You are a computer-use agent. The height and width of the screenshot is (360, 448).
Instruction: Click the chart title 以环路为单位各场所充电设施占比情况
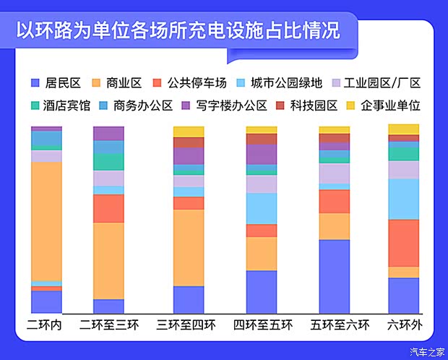click(x=178, y=31)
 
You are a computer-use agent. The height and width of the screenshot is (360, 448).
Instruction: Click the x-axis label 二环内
click(x=45, y=325)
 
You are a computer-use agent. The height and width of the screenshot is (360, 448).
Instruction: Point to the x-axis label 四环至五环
click(x=263, y=325)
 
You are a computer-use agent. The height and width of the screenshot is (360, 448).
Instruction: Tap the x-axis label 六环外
click(x=405, y=325)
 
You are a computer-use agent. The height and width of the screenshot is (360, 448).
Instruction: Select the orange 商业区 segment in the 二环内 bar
click(x=46, y=220)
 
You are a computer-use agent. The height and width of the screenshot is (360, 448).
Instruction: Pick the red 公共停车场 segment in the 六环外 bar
click(x=404, y=243)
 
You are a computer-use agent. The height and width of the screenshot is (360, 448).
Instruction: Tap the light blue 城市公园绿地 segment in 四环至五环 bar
click(x=262, y=208)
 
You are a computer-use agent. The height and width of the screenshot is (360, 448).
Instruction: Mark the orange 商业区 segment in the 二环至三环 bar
click(x=108, y=260)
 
